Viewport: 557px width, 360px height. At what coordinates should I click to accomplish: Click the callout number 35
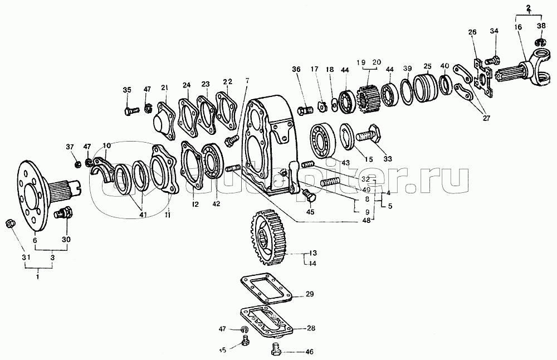[x=127, y=90]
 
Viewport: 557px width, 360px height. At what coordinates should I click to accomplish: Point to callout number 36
[x=296, y=69]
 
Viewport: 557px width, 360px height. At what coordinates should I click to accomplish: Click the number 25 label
[x=427, y=66]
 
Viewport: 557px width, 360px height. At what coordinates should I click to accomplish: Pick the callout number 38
[x=541, y=26]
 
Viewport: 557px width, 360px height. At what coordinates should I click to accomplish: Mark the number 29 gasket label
[x=310, y=294]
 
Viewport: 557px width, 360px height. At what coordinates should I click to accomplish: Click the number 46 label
[x=310, y=352]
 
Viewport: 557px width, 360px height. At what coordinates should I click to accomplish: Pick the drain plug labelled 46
[x=275, y=351]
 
